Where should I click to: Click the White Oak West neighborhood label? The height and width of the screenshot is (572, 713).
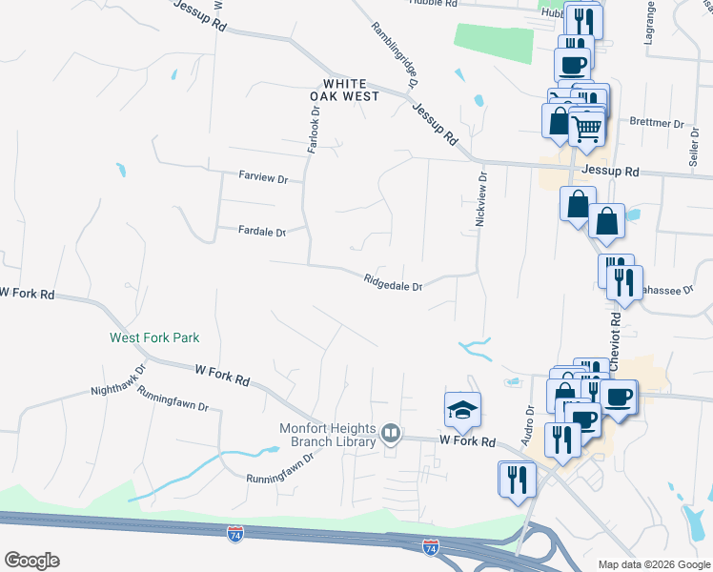pyautogui.click(x=345, y=90)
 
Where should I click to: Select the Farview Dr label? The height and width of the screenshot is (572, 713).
pyautogui.click(x=262, y=176)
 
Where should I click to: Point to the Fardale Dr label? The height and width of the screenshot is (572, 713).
pyautogui.click(x=262, y=232)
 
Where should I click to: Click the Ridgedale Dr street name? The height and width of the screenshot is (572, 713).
pyautogui.click(x=392, y=281)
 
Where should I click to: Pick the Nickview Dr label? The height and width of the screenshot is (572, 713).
pyautogui.click(x=481, y=199)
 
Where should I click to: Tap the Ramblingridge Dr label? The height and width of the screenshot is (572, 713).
pyautogui.click(x=396, y=57)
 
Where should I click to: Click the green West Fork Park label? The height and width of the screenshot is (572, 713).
pyautogui.click(x=154, y=337)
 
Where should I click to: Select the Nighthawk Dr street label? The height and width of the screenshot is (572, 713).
pyautogui.click(x=118, y=378)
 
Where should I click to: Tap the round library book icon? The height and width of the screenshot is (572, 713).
pyautogui.click(x=390, y=435)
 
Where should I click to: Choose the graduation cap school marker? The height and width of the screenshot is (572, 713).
pyautogui.click(x=463, y=410)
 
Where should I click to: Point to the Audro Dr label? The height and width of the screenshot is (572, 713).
pyautogui.click(x=529, y=424)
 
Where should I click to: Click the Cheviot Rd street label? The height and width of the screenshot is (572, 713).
pyautogui.click(x=615, y=350)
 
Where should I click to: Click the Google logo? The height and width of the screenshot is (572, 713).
pyautogui.click(x=31, y=561)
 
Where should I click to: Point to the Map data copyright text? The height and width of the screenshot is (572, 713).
pyautogui.click(x=653, y=564)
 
